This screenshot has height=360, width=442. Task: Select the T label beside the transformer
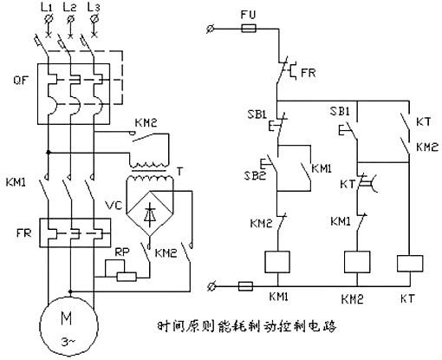(x=205, y=172)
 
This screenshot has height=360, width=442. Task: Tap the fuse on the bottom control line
(x=245, y=285)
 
